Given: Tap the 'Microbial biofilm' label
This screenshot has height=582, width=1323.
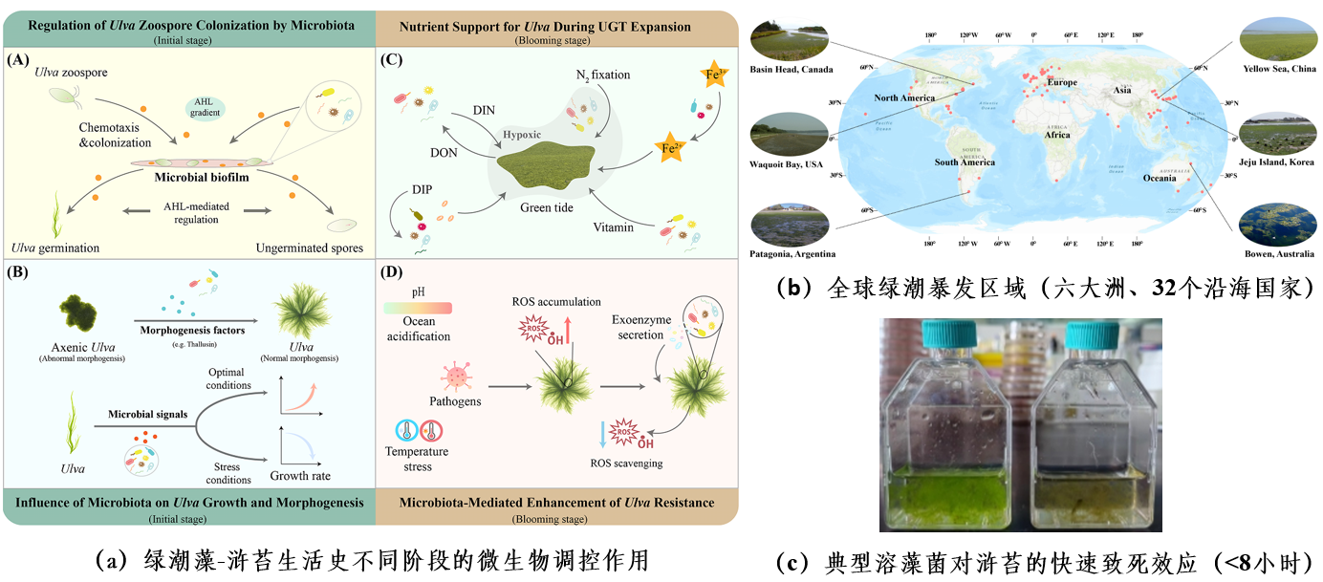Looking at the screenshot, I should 201,178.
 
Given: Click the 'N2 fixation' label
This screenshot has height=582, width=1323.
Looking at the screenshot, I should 602,75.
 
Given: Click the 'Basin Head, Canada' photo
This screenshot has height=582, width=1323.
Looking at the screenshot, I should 790,39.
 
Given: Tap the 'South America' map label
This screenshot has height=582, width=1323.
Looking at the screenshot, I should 965,162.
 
